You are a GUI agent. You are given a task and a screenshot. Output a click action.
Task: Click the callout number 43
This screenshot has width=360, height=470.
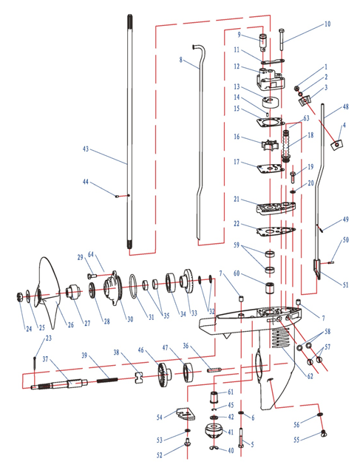[x=86, y=149]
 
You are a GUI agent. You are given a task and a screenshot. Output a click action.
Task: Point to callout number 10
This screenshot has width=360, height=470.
[x=327, y=24]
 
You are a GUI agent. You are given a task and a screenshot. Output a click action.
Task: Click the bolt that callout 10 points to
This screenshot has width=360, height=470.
[x=282, y=39]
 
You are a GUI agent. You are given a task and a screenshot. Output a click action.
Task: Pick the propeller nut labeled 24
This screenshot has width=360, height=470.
[x=19, y=297]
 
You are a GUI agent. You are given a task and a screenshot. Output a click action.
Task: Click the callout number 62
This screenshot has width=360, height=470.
[x=310, y=376]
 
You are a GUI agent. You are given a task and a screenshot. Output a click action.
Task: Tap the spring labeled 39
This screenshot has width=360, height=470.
[x=106, y=381]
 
